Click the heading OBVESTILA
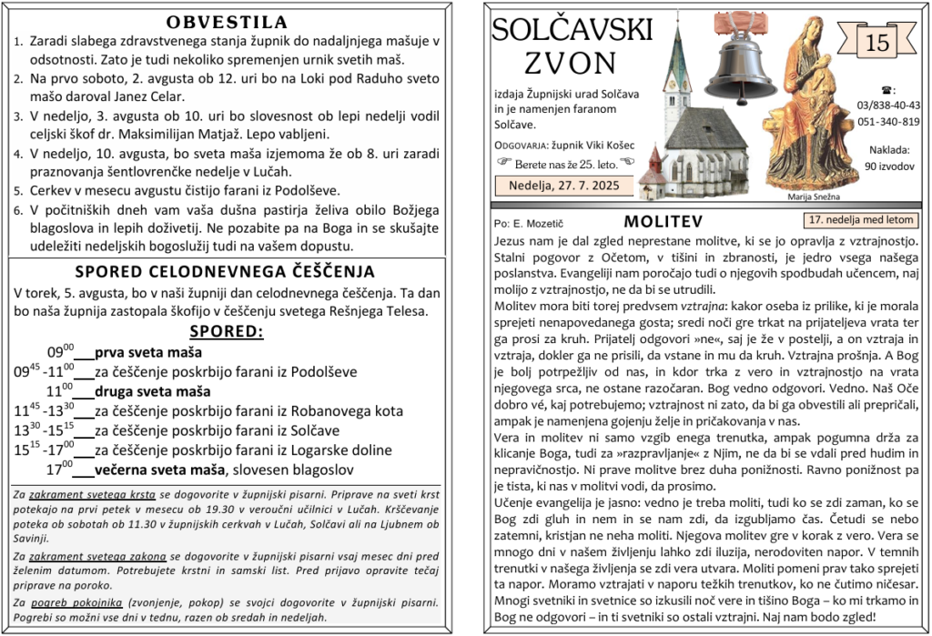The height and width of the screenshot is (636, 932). pos(228,23)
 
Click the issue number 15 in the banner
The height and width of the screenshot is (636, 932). pos(877,43)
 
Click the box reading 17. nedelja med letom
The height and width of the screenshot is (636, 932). pos(860,220)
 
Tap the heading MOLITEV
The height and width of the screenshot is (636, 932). pos(664,222)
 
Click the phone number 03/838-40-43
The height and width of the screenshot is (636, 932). pos(888,106)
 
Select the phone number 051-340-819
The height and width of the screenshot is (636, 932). pos(888,122)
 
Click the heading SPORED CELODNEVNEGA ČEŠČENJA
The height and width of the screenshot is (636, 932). pos(225,271)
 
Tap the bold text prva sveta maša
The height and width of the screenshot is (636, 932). pos(148,352)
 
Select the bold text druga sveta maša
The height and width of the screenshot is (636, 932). pos(152,391)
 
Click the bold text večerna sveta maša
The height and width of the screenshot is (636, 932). pos(159,469)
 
